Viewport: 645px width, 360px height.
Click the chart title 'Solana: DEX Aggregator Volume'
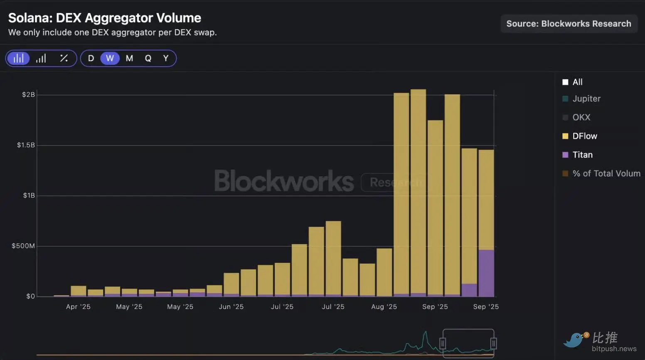(105, 18)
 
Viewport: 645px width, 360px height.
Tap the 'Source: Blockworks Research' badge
(569, 24)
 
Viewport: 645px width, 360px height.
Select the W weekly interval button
(110, 58)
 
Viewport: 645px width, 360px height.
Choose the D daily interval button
(91, 58)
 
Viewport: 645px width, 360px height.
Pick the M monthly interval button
(129, 58)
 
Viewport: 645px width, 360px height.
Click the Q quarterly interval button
(148, 58)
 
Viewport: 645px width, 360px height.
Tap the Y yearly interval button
(166, 58)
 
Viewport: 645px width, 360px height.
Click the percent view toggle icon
(64, 58)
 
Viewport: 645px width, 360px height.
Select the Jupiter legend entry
(586, 99)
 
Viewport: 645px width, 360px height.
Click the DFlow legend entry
(584, 136)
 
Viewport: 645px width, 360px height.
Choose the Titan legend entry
(582, 155)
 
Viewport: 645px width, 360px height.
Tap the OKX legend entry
(581, 117)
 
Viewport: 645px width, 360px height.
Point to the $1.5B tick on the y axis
(26, 145)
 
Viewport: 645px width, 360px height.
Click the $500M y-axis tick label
(23, 246)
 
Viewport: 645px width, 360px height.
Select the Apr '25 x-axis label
(78, 307)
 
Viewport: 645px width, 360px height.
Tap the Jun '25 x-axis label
(231, 307)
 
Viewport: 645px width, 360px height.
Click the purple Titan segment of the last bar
(486, 273)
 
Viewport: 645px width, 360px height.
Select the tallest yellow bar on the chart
(418, 191)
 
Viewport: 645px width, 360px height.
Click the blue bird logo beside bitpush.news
(575, 340)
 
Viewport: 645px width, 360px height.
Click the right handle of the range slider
(493, 343)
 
